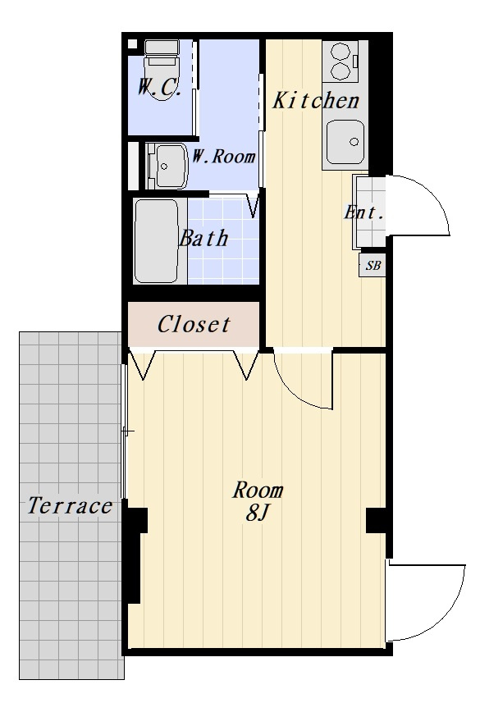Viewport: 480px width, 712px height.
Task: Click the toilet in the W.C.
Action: tap(162, 67)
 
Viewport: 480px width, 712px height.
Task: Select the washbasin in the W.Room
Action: tap(167, 166)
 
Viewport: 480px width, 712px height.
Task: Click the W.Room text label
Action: tap(223, 157)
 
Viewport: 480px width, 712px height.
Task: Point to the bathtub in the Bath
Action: tap(156, 241)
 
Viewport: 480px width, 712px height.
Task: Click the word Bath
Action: tap(203, 239)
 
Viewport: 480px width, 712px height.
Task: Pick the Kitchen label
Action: tap(316, 100)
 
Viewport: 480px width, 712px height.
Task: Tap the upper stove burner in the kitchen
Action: tap(341, 52)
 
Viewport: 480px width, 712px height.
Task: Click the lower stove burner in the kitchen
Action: tap(341, 71)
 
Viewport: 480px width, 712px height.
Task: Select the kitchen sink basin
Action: tap(345, 142)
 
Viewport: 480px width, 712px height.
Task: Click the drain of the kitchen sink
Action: tap(354, 142)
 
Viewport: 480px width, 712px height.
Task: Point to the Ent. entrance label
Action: tap(363, 212)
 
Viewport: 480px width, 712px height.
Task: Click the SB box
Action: tap(373, 265)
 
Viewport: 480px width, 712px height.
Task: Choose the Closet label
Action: tap(194, 324)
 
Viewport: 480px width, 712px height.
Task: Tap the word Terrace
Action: tap(70, 505)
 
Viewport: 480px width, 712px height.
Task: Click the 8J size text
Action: tap(258, 513)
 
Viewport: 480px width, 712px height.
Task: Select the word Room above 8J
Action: tap(258, 491)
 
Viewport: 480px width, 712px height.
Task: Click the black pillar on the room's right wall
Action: tap(377, 521)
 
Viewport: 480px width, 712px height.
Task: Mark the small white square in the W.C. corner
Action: tap(132, 44)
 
